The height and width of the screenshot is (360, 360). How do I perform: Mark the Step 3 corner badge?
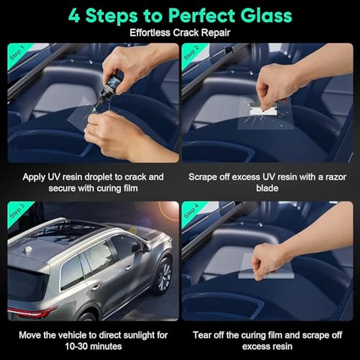[x=17, y=211]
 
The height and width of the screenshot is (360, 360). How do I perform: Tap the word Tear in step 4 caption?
[x=202, y=335]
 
